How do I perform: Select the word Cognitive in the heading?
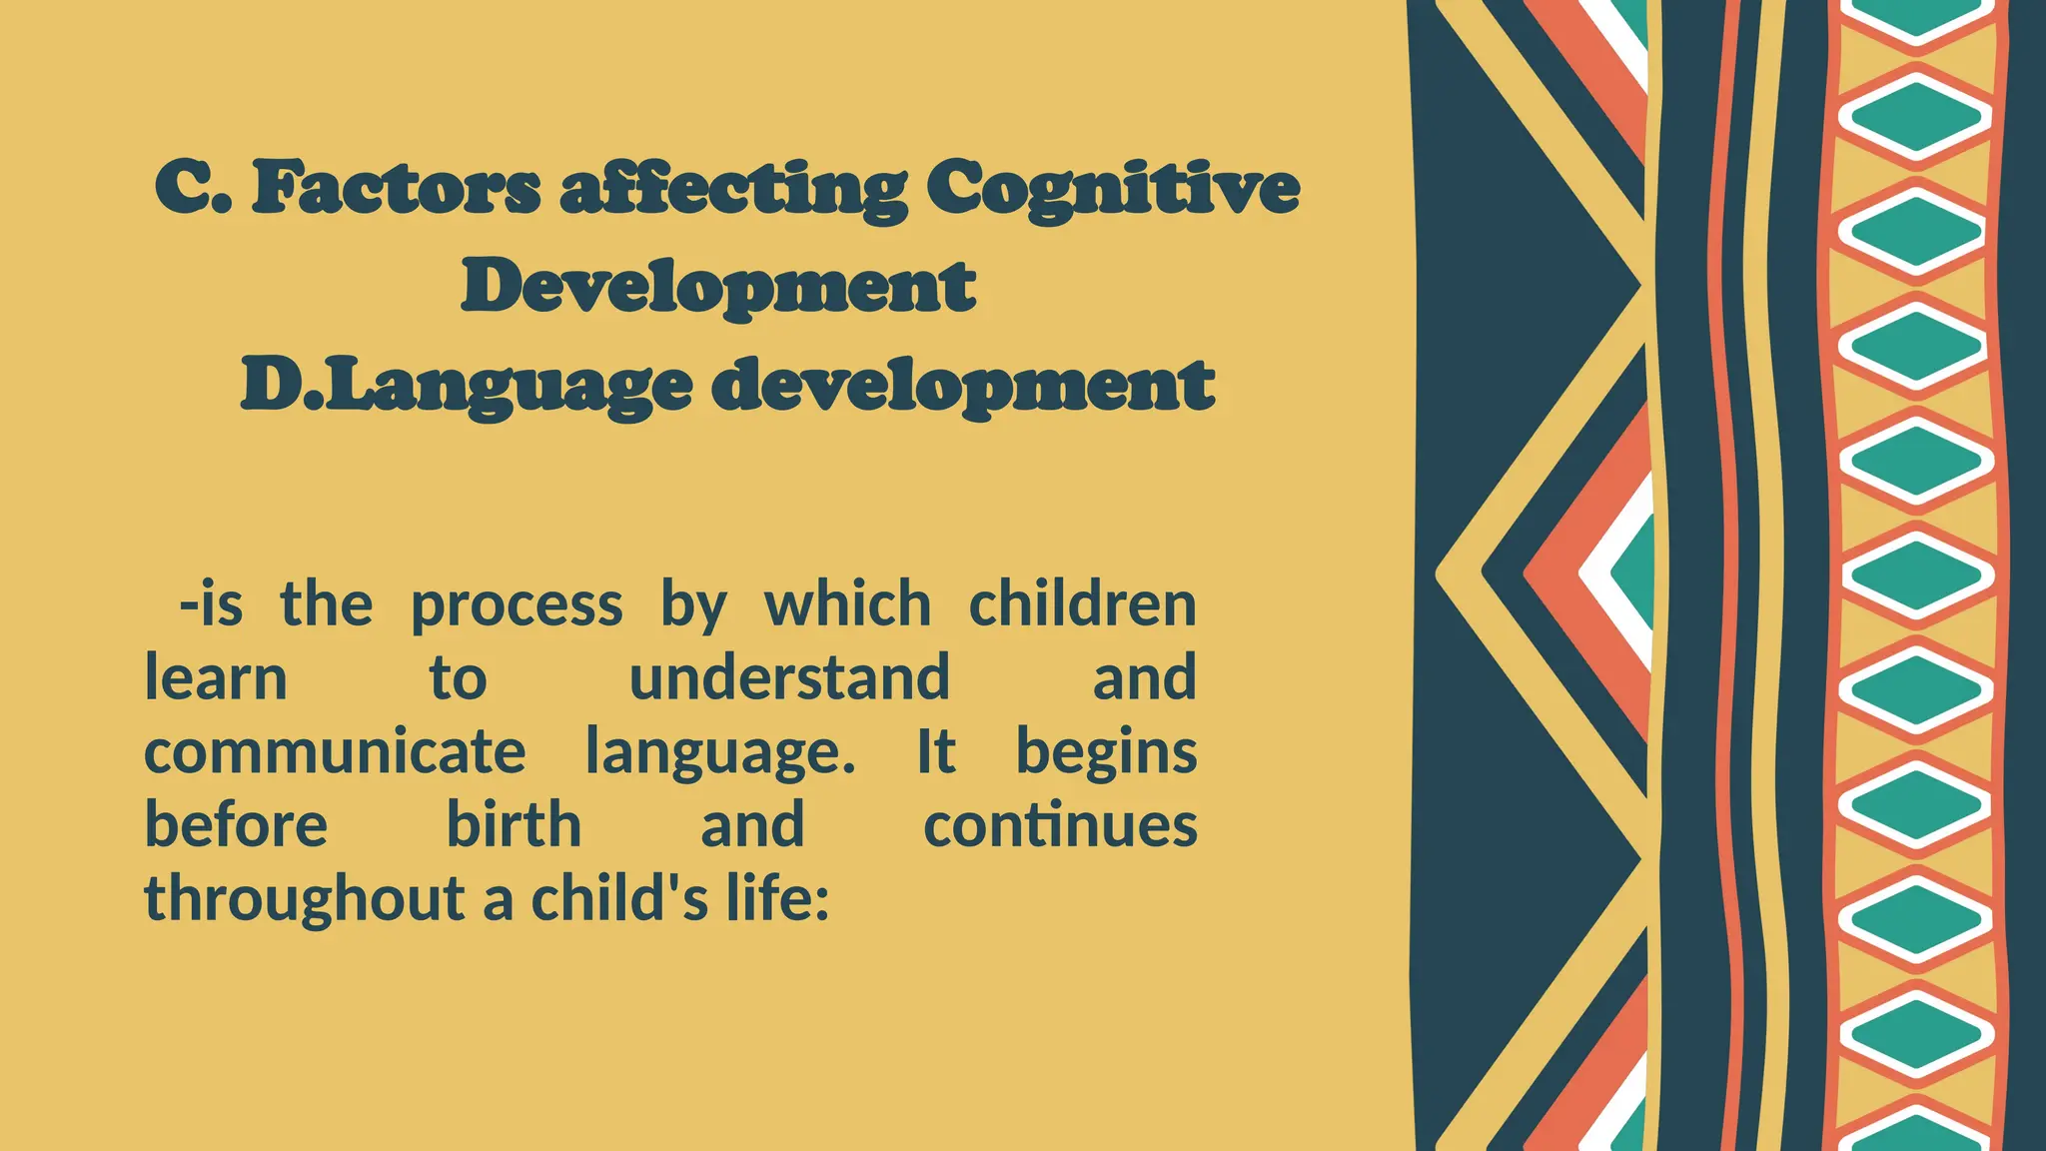[1113, 190]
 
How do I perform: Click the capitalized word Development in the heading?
[718, 287]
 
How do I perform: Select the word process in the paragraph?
[516, 606]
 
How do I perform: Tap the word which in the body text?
[847, 604]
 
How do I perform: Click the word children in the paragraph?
[1082, 604]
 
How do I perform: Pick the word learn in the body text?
[216, 677]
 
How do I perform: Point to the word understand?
[789, 677]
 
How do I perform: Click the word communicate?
[335, 751]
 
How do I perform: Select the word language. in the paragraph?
[720, 753]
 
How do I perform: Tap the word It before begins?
[936, 751]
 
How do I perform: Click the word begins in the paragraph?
[1106, 753]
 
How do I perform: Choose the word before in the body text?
[236, 825]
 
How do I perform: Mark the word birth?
[513, 825]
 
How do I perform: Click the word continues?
[1060, 825]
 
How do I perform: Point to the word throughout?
[305, 898]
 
